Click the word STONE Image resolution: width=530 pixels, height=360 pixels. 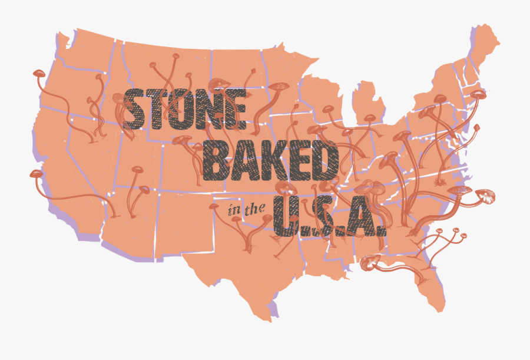184,108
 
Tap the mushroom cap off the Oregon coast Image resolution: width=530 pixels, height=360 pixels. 39,73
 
